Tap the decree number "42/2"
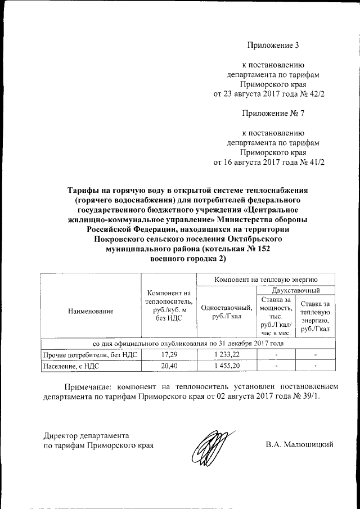coord(314,93)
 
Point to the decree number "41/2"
coord(314,162)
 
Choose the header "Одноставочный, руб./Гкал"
coord(226,317)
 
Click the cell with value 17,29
coord(169,355)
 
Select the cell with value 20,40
coord(169,367)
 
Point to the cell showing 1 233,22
coord(226,355)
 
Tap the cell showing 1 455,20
coord(226,367)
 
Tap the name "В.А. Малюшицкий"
coord(299,445)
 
